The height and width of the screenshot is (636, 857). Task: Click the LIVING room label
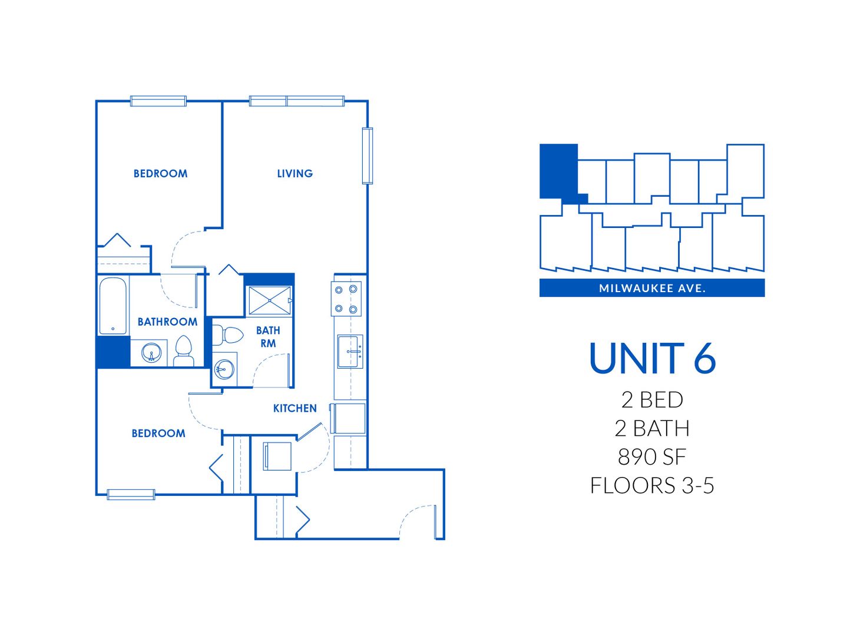pos(295,174)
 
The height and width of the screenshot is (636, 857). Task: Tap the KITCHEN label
pos(295,408)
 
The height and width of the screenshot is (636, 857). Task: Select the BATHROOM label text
pos(167,322)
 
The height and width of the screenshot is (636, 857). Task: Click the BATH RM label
pos(268,337)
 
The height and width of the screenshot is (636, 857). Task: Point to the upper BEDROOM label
pos(160,174)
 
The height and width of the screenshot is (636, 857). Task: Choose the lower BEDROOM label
pos(158,433)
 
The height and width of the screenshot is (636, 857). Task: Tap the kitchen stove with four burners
pos(346,299)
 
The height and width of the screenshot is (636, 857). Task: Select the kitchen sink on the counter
pos(350,352)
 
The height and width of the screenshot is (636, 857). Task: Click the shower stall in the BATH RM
pos(269,300)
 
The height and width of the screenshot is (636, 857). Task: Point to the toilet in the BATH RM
pos(229,336)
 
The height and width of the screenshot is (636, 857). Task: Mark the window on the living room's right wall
pos(368,155)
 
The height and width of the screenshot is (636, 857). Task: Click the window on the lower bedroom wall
pos(131,494)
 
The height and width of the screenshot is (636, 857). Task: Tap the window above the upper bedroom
pos(158,101)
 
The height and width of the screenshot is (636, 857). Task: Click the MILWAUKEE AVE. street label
pos(652,288)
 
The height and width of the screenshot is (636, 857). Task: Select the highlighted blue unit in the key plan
pos(558,172)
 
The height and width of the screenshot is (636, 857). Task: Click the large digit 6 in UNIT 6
pos(704,358)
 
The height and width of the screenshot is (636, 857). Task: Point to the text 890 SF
pos(652,456)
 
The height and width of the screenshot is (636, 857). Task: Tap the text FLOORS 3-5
pos(652,485)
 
